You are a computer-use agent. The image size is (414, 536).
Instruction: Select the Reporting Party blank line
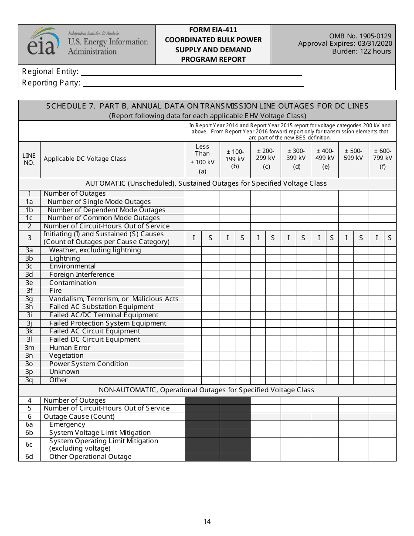193,83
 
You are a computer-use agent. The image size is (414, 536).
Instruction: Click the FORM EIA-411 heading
213,30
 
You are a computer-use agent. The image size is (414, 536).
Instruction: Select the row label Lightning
64,258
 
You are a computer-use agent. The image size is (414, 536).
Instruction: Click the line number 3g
29,299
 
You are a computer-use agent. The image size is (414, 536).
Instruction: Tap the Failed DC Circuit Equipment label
95,339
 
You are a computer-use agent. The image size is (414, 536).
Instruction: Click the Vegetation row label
66,356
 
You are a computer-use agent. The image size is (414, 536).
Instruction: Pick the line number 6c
29,444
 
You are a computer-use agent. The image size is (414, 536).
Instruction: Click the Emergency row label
67,424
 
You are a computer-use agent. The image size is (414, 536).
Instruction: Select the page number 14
207,521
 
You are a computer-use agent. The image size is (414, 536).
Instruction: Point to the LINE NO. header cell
29,159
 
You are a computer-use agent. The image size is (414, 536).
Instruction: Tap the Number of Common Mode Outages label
104,218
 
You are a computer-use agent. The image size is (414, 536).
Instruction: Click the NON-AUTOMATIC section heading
207,390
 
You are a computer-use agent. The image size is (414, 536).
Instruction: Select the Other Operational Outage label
90,457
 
